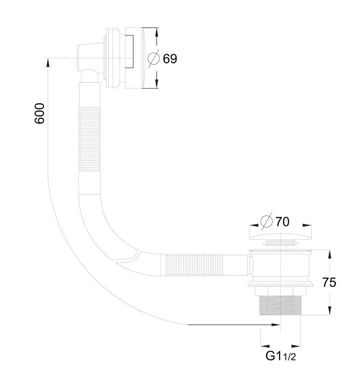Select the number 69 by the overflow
coord(170,58)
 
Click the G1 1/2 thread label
coord(281,356)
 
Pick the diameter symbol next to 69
coord(153,58)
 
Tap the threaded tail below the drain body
coord(280,307)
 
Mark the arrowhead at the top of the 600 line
coord(48,62)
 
